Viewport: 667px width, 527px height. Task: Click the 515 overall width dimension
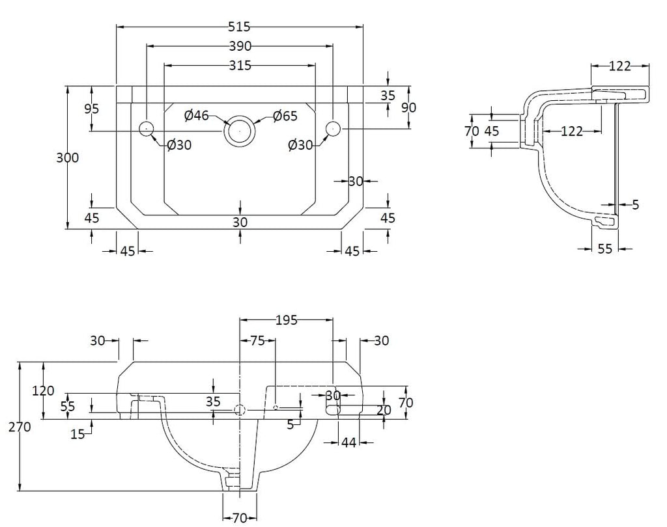[239, 27]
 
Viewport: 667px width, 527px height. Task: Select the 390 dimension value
[240, 46]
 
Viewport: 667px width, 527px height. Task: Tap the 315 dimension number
[240, 66]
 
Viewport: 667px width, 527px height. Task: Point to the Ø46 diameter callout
[197, 115]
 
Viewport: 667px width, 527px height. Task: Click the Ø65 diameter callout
[285, 116]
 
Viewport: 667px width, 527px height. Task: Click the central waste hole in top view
[240, 130]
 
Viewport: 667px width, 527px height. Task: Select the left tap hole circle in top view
[147, 128]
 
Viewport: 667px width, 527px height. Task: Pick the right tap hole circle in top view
[333, 128]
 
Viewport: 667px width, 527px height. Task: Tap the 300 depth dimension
[68, 157]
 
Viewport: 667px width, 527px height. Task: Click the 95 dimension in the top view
[91, 109]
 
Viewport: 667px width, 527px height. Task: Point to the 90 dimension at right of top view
[409, 107]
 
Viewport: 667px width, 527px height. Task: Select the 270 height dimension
[20, 427]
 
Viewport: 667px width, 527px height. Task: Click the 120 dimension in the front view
[43, 390]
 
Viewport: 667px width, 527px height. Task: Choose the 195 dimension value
[287, 320]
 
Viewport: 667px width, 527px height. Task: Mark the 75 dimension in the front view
[257, 340]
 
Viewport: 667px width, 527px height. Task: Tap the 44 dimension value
[349, 442]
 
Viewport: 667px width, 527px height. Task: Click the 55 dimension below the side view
[605, 249]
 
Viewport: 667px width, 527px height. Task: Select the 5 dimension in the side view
[636, 205]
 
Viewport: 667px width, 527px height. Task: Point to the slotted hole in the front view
[333, 410]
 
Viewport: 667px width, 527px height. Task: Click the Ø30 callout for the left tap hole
[179, 145]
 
